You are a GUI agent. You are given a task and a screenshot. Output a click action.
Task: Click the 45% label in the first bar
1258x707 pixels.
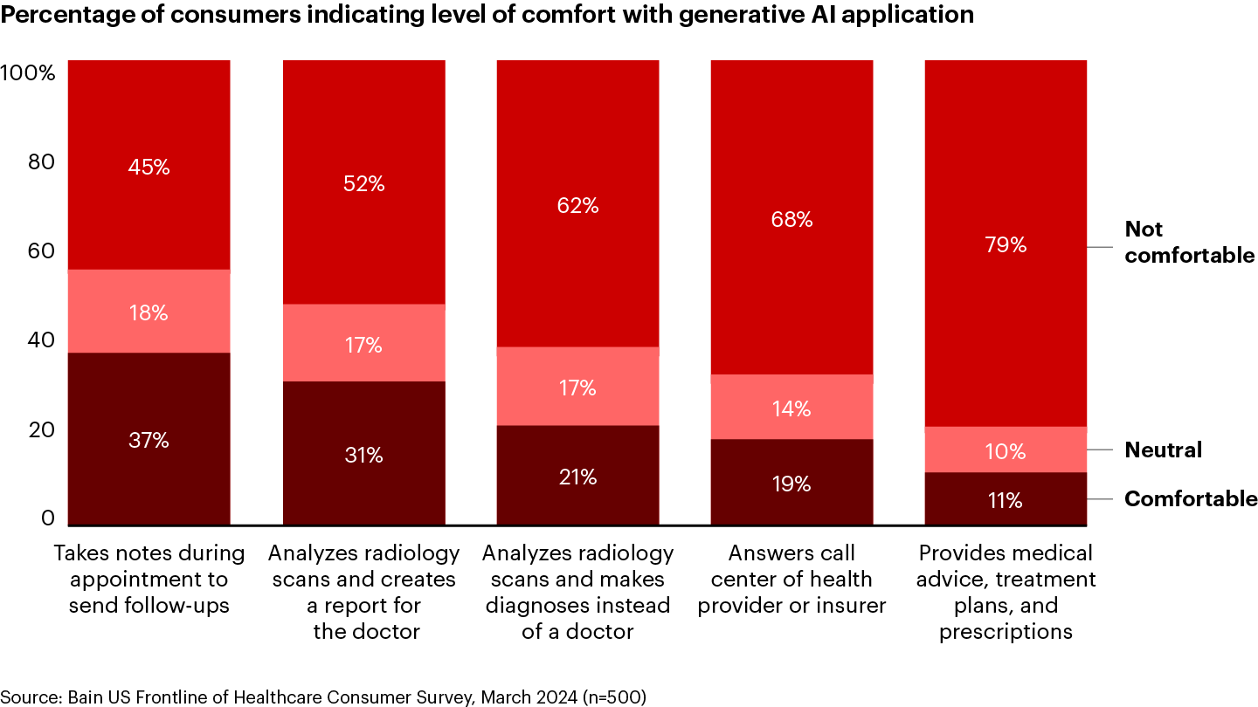[x=149, y=167]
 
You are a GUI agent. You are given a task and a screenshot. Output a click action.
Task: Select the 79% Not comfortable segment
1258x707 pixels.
[x=1006, y=244]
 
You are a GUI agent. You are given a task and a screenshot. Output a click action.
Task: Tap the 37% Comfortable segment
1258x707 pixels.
[x=149, y=440]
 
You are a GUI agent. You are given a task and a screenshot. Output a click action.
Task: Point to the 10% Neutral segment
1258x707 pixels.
[x=1006, y=450]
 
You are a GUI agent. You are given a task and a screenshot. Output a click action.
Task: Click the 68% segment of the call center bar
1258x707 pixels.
[x=791, y=219]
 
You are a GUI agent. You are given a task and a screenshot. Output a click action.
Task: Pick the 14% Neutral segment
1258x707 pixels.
[x=791, y=408]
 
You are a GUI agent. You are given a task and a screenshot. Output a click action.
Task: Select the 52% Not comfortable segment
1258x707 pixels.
[x=363, y=184]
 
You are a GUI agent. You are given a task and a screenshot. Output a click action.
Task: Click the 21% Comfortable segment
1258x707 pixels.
[x=577, y=477]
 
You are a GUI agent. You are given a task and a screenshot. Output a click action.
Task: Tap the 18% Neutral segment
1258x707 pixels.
[x=149, y=312]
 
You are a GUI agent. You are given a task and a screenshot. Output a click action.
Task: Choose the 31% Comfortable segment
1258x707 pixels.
[x=363, y=455]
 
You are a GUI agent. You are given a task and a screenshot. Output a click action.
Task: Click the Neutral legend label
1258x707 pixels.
[x=1163, y=450]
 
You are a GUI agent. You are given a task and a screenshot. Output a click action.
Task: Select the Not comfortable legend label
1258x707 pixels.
[x=1189, y=243]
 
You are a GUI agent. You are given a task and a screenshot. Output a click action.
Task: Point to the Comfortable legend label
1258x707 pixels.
[x=1190, y=499]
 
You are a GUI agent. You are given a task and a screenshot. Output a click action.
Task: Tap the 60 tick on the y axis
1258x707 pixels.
[x=40, y=251]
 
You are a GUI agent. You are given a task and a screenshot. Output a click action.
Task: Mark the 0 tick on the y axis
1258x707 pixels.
[x=48, y=519]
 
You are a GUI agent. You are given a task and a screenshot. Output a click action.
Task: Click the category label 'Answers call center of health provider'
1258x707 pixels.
[x=791, y=580]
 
